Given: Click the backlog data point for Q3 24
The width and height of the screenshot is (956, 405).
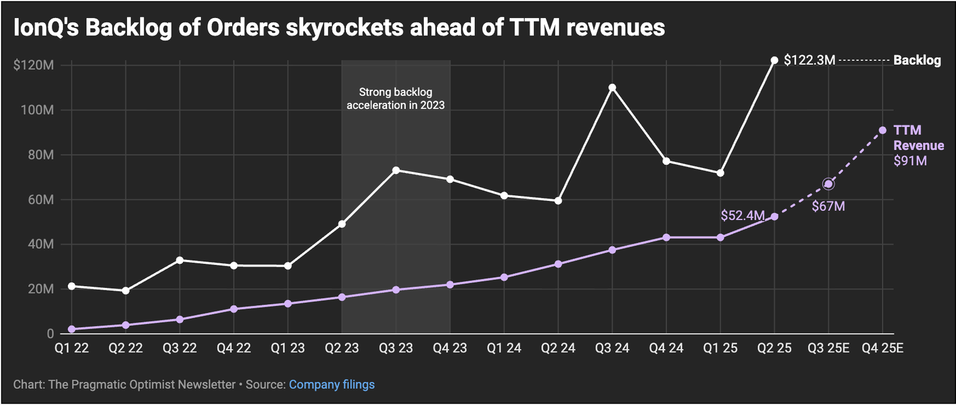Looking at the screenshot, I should (612, 88).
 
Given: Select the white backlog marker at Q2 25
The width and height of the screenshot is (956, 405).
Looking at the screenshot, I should (774, 60).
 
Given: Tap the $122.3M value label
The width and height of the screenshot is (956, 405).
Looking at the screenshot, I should (809, 60).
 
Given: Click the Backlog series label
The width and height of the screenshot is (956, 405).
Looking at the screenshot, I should (917, 60).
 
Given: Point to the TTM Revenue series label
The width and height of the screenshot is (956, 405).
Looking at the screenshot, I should (918, 138).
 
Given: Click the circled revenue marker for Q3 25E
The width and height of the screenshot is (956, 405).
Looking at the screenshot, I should (828, 184).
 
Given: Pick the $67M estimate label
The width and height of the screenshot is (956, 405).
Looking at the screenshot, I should (828, 206).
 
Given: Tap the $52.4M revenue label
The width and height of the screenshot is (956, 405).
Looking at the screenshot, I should (743, 215).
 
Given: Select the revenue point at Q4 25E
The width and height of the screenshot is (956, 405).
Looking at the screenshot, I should (883, 130).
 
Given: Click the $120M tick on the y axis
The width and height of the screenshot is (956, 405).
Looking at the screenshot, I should (33, 65).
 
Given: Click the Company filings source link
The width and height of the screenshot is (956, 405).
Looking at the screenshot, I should (332, 384).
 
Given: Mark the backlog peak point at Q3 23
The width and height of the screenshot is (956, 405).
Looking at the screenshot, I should (396, 170).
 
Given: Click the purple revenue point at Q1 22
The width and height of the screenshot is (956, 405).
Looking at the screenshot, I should (72, 329).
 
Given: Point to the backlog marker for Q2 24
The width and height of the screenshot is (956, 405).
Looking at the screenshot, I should (558, 201).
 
